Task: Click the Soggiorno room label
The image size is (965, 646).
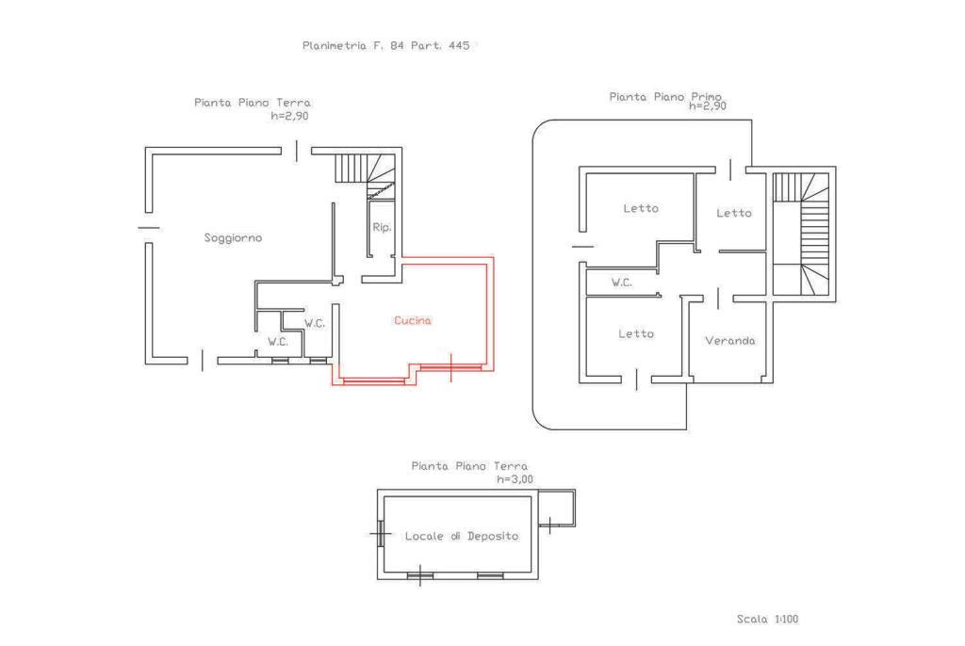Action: [233, 238]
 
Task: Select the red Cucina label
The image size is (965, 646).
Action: [413, 320]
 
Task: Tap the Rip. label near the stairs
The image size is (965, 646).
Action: [382, 228]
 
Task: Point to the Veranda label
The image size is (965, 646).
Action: [730, 340]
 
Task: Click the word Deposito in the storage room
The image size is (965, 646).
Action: [492, 536]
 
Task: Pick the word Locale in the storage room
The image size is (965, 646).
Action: [424, 536]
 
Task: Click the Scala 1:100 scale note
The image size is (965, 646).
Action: [767, 619]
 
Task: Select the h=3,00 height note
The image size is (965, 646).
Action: [515, 478]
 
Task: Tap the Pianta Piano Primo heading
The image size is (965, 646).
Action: [665, 97]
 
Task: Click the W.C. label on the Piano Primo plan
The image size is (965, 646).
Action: [622, 283]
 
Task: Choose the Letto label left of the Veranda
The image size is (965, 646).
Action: [636, 333]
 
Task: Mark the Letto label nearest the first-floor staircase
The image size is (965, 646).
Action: [733, 213]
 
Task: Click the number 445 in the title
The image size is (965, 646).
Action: [459, 45]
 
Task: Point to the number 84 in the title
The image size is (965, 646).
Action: [397, 45]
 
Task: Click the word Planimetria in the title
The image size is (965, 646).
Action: [335, 45]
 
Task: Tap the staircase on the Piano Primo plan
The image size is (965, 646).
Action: [801, 234]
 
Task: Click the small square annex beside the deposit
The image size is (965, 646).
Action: [557, 509]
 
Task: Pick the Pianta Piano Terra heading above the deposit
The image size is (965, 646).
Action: [469, 466]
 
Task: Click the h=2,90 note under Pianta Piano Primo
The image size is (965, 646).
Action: [707, 105]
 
